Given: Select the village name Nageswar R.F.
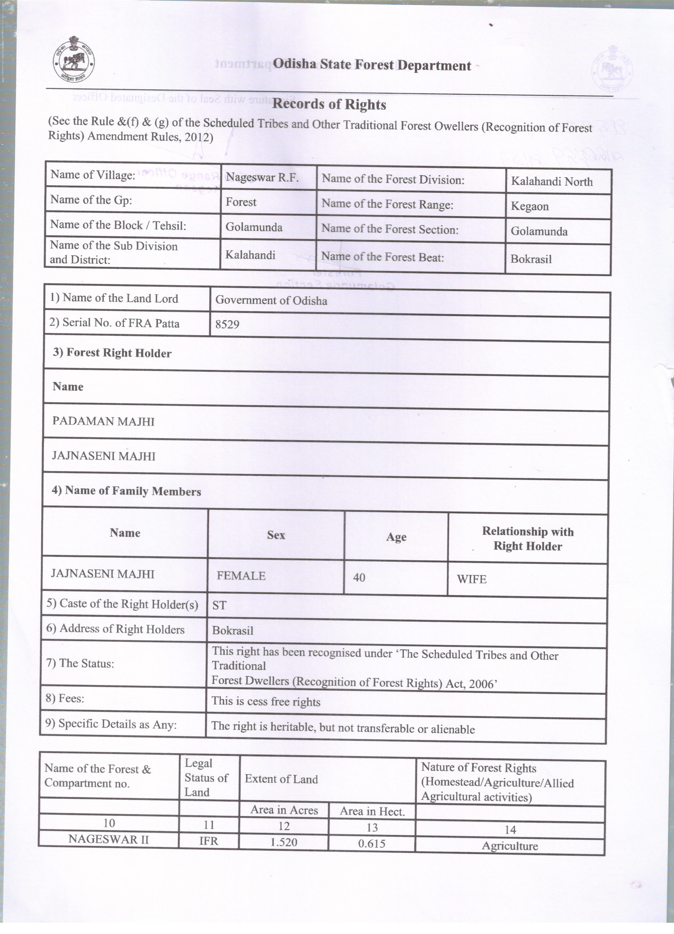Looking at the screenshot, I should click(x=262, y=177).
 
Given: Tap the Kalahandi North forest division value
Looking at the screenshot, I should click(x=552, y=182).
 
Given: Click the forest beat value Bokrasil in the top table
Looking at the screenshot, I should click(x=531, y=259).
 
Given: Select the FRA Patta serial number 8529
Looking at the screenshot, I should click(x=227, y=324).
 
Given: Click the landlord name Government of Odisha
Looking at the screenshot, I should click(x=271, y=300).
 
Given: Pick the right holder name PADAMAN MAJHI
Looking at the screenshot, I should click(x=103, y=421).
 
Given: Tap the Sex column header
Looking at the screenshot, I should click(x=276, y=535).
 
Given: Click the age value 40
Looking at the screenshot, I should click(x=359, y=578).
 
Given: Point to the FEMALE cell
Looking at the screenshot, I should click(x=241, y=576).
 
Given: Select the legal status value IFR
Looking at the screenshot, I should click(x=208, y=841).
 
